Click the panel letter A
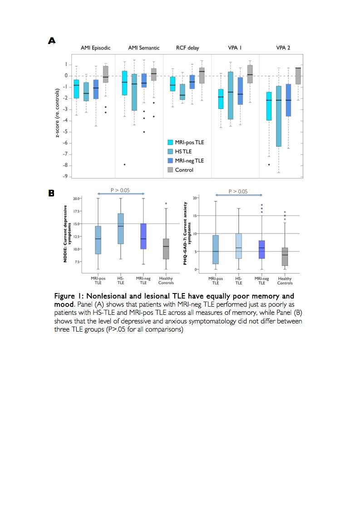tap(52, 41)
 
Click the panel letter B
tap(52, 193)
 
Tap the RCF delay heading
tap(187, 48)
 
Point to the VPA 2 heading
tap(282, 48)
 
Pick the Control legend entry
tap(184, 170)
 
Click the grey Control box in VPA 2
tap(298, 76)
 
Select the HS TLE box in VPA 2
tap(278, 116)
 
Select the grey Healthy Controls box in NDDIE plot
tap(166, 249)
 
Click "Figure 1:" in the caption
tap(69, 296)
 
